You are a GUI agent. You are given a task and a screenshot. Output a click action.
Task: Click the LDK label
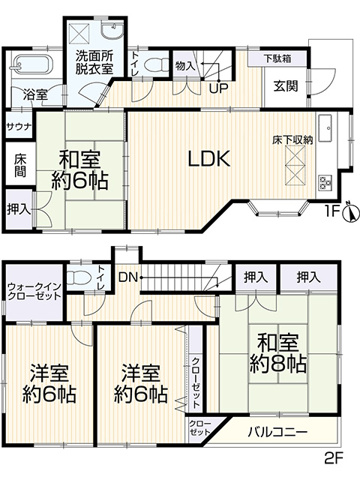(x=209, y=159)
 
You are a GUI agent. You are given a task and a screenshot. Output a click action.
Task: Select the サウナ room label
(x=19, y=127)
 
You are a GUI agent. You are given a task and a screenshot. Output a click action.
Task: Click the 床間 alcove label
(x=20, y=165)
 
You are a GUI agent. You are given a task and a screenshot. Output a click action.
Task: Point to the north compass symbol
(x=350, y=211)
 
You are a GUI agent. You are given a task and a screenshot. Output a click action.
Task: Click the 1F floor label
(x=333, y=211)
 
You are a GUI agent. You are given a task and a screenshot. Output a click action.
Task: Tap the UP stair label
(x=219, y=88)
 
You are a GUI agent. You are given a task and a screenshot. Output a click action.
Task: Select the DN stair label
(x=129, y=277)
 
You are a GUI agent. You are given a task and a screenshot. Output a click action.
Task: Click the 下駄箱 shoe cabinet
(x=277, y=59)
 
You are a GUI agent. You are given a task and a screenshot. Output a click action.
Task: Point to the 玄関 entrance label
(x=286, y=86)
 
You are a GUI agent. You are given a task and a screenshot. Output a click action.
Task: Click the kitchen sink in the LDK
(x=325, y=128)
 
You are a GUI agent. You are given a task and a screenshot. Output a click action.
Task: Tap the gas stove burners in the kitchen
(x=325, y=183)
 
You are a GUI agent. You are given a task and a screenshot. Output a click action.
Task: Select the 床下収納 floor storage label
(x=292, y=140)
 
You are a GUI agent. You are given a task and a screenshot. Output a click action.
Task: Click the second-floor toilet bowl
(x=77, y=277)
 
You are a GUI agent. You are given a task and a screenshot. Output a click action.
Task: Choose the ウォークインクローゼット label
(x=34, y=291)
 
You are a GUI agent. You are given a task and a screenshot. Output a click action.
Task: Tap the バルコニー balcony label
(x=277, y=432)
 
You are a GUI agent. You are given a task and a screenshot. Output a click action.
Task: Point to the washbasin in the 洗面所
(x=112, y=31)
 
